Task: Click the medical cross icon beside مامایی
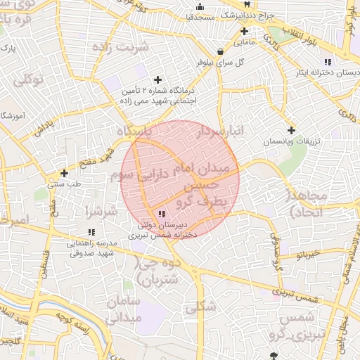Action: coord(245,31)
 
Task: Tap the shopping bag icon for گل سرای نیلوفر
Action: coord(221,51)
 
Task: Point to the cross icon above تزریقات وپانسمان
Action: coord(291,130)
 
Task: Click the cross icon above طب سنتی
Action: coord(64,173)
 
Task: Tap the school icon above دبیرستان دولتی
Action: coord(162,214)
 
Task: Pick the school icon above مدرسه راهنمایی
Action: coord(91,232)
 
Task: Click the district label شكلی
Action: coord(201,307)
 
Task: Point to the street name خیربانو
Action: coord(307,255)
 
